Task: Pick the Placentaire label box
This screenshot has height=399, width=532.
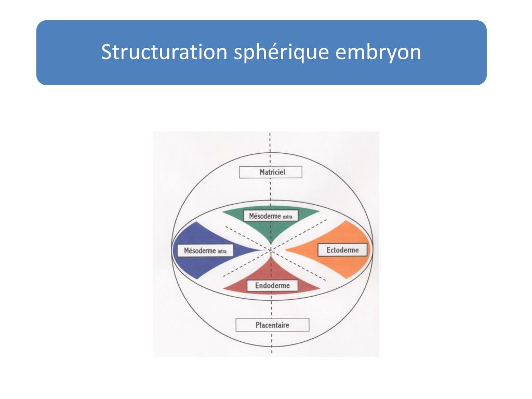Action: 272,325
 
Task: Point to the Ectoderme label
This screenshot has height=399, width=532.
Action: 342,250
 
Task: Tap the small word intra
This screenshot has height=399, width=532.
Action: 225,252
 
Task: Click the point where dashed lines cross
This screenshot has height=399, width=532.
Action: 271,250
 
